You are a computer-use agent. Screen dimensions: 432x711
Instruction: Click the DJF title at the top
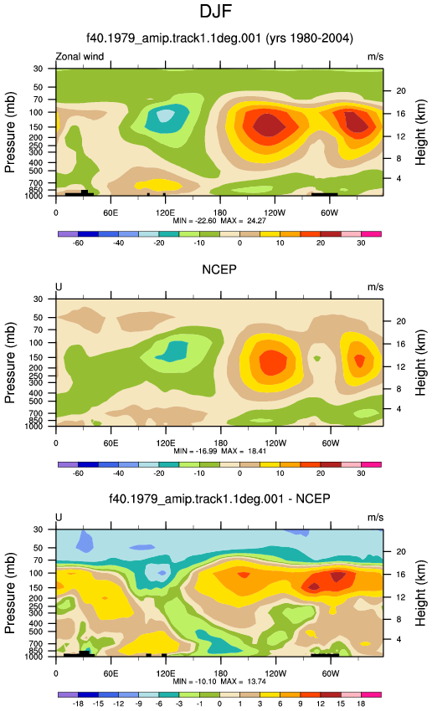click(215, 12)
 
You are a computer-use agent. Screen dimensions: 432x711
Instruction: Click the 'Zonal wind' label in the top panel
click(80, 57)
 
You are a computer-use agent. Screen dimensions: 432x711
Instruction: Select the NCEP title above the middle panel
click(219, 270)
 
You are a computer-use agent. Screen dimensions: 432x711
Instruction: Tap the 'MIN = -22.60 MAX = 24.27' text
click(219, 221)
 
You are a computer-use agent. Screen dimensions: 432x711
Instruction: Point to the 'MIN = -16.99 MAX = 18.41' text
click(219, 451)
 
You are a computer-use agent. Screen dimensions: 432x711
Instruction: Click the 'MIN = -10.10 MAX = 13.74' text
click(219, 682)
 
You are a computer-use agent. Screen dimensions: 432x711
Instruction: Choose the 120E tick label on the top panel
click(165, 212)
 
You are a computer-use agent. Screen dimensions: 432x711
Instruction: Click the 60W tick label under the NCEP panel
click(331, 443)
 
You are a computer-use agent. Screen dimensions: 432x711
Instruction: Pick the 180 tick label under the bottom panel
click(220, 673)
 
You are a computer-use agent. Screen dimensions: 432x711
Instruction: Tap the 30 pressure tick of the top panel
click(38, 69)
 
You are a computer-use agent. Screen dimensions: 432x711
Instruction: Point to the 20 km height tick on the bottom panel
click(401, 552)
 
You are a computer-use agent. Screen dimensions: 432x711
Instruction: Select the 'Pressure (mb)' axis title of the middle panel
click(10, 363)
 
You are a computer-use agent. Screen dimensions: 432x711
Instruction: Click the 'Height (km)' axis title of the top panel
click(420, 132)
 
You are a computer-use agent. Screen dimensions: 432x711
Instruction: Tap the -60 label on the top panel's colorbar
click(78, 243)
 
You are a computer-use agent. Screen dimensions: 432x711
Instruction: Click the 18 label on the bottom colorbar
click(361, 703)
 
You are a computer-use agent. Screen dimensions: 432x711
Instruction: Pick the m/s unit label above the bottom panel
click(375, 518)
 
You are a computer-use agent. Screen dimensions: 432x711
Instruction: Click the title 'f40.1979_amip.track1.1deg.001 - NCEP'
click(219, 499)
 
